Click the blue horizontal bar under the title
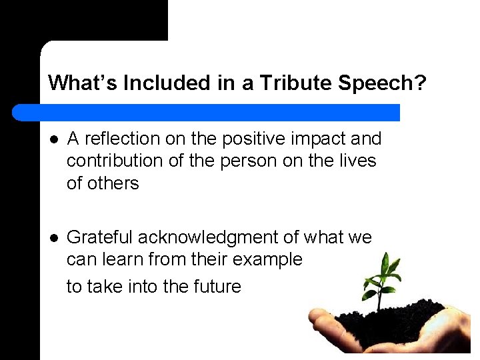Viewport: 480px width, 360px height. [x=220, y=112]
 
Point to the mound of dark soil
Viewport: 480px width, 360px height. [x=387, y=321]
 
